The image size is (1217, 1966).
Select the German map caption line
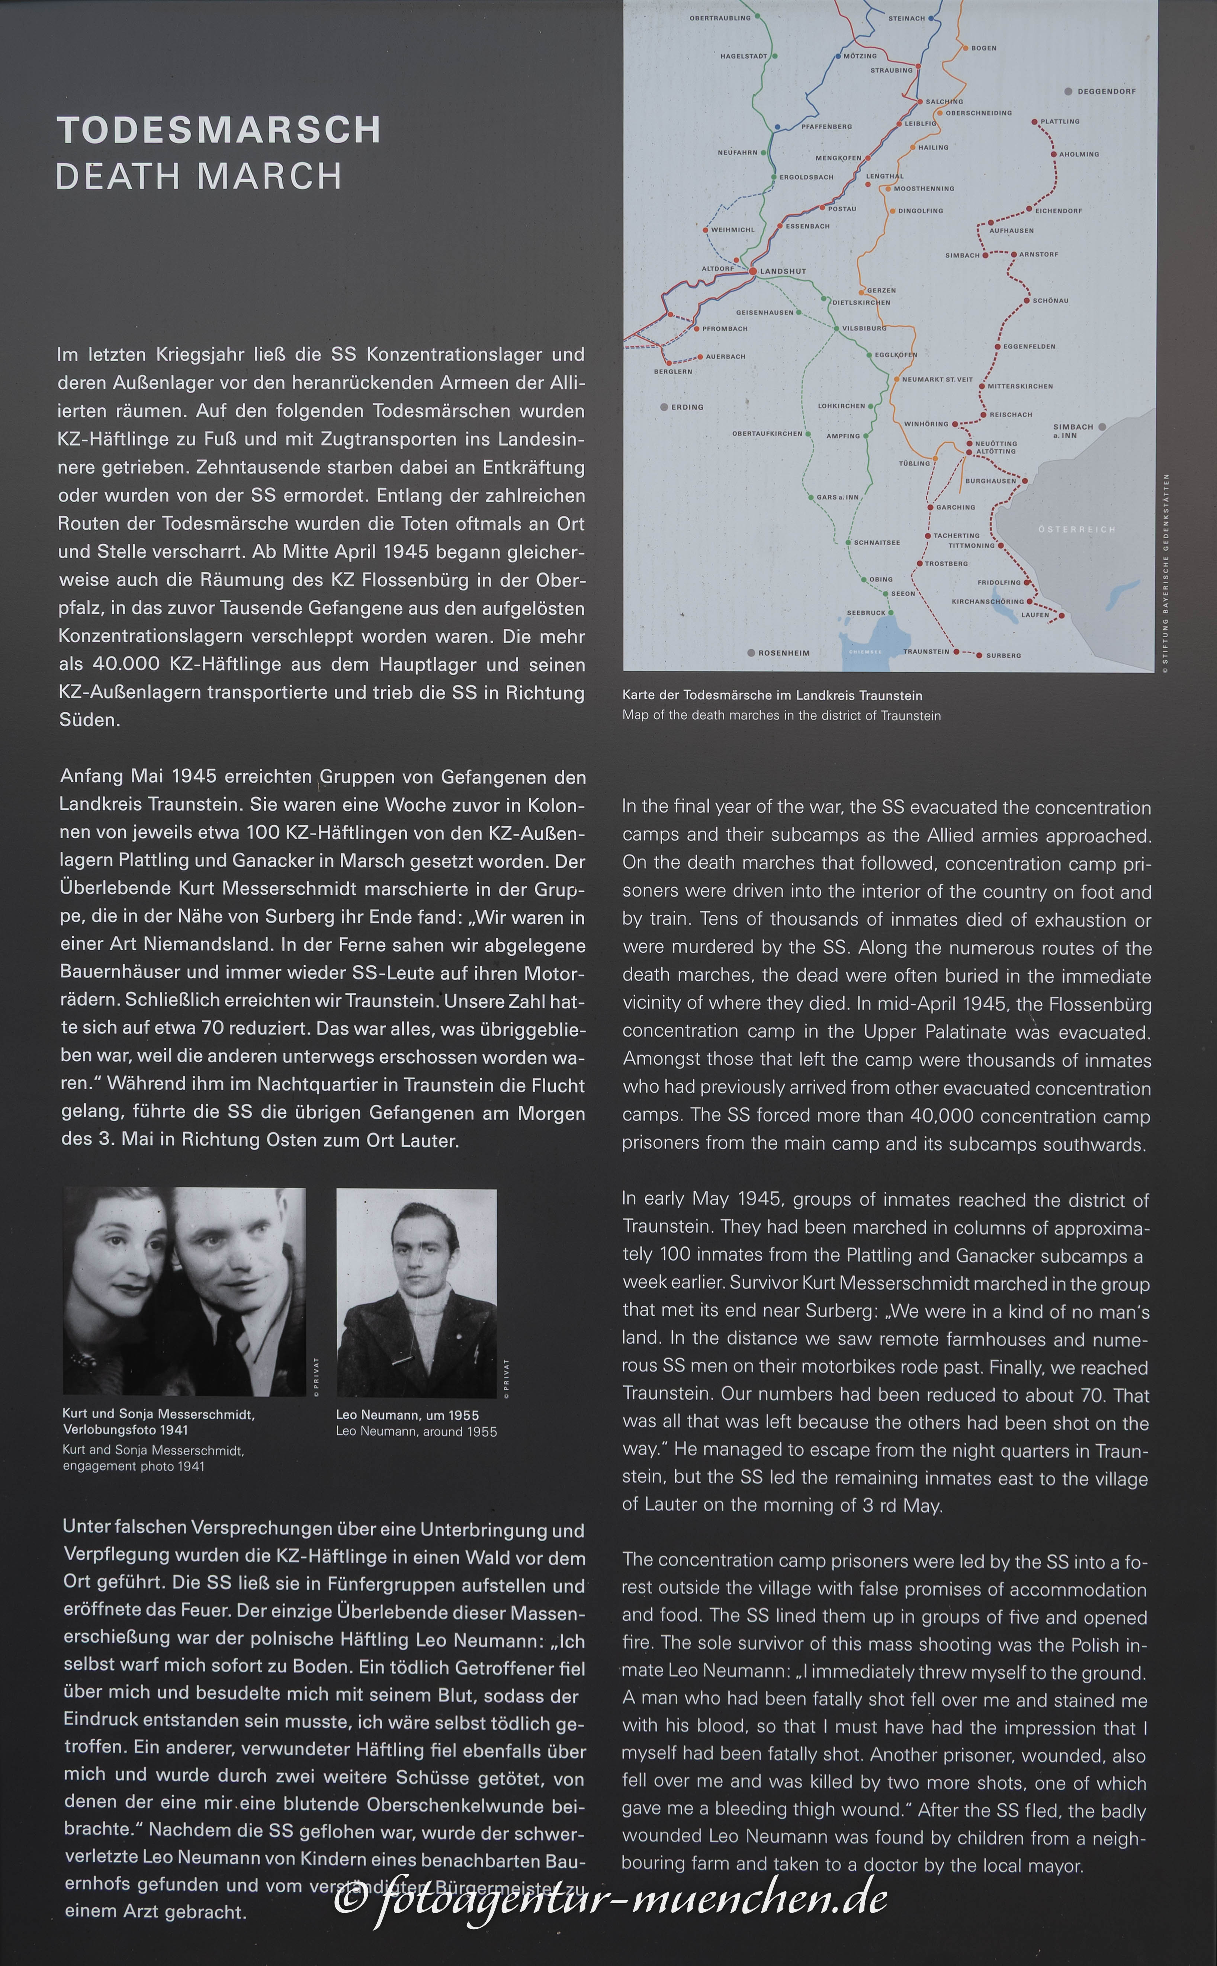pyautogui.click(x=772, y=695)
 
